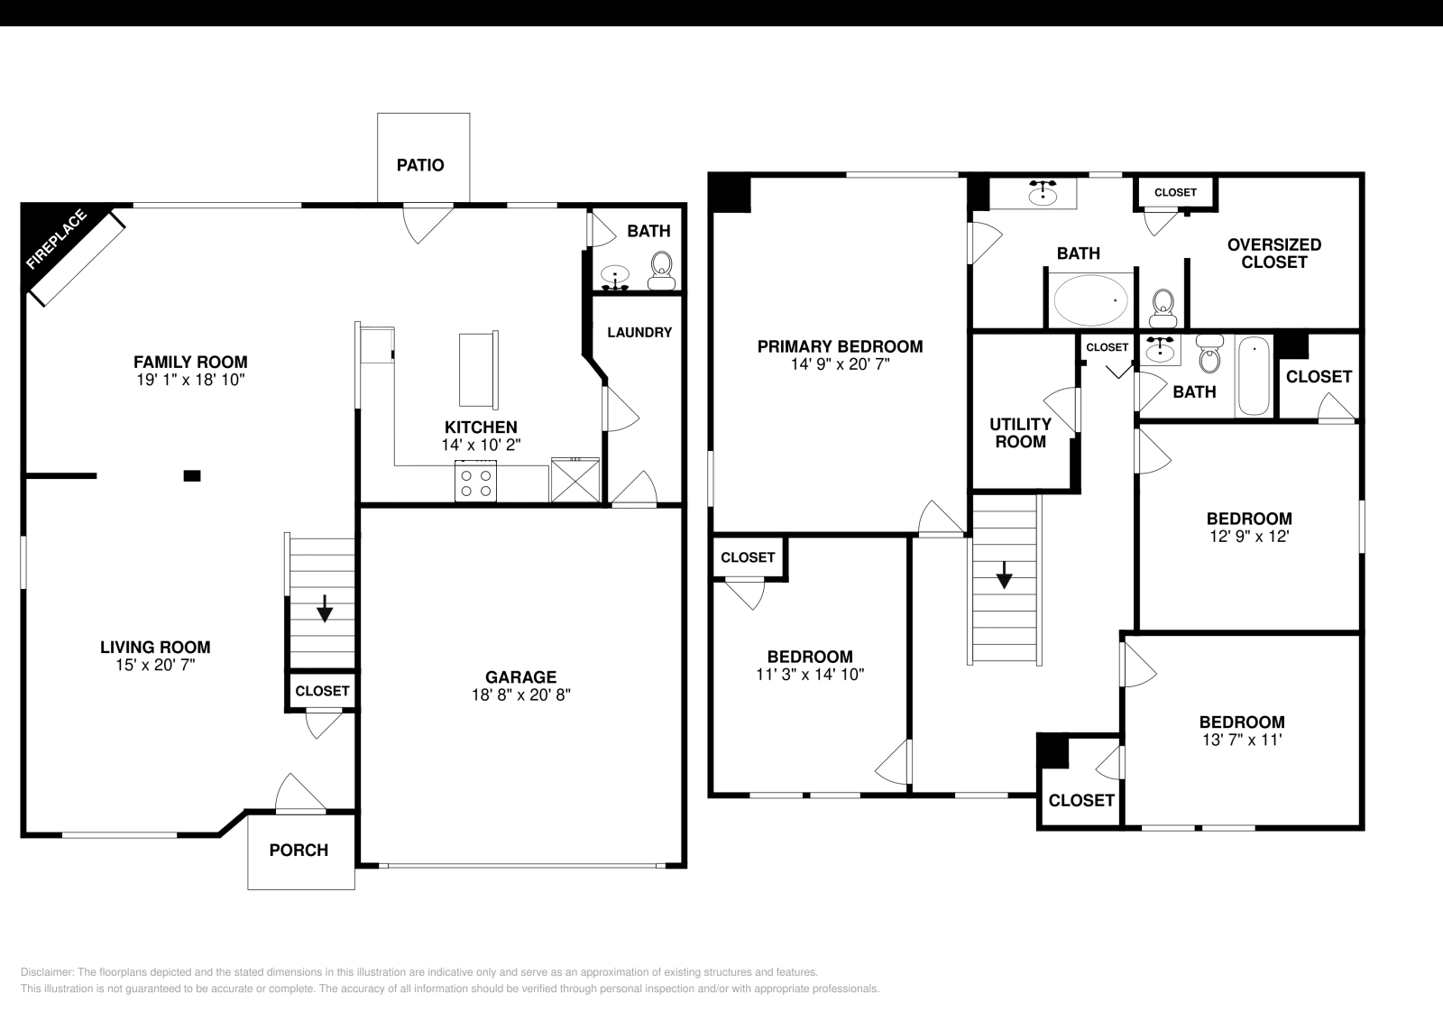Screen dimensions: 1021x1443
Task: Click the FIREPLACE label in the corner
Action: (x=57, y=240)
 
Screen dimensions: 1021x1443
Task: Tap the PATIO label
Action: (x=420, y=166)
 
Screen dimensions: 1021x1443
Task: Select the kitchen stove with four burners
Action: (x=475, y=481)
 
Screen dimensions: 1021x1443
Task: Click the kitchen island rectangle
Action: (x=478, y=370)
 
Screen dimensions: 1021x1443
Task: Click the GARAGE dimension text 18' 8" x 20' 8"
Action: (x=520, y=695)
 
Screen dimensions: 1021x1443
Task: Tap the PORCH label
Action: (x=299, y=851)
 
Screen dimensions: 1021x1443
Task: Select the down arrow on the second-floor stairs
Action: (x=1003, y=575)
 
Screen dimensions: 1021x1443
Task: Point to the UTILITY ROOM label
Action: (x=1020, y=433)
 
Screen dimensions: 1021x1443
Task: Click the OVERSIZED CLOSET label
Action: (x=1273, y=253)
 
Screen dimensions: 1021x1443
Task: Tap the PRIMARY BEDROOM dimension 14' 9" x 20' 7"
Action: (x=839, y=365)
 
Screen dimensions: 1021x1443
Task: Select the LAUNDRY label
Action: (x=639, y=333)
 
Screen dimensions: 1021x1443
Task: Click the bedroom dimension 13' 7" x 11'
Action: (x=1241, y=740)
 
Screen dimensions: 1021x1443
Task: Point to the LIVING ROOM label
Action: (x=155, y=647)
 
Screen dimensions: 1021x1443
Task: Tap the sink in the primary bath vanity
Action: (x=1043, y=192)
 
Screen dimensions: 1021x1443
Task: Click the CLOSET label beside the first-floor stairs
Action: (x=322, y=691)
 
